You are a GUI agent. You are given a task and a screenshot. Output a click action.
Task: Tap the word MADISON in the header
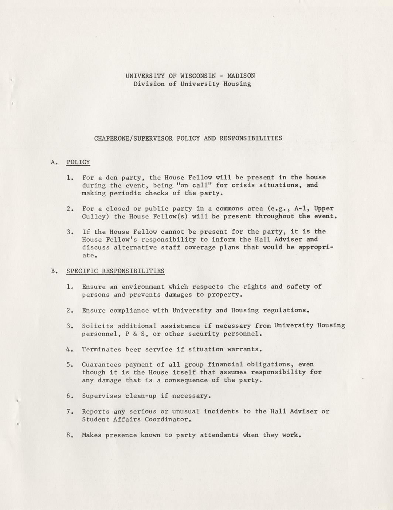[x=241, y=76]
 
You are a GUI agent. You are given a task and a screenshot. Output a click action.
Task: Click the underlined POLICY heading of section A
[x=78, y=162]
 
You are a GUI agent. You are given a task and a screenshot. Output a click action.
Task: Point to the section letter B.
[x=54, y=271]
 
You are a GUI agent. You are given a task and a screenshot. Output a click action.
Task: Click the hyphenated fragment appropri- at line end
[x=316, y=247]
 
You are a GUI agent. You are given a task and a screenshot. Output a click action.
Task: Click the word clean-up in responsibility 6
[x=141, y=396]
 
